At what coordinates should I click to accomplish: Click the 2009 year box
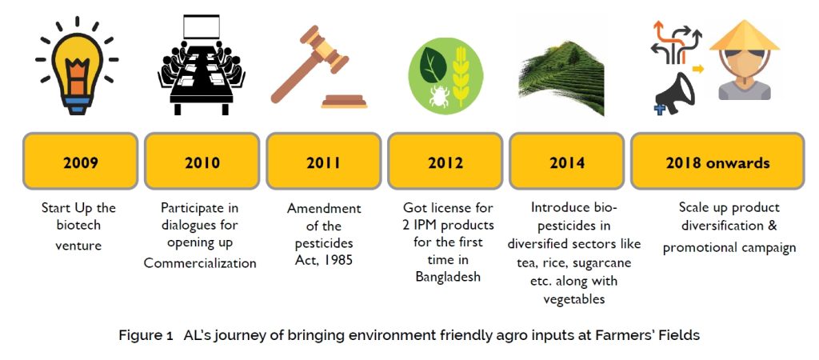pyautogui.click(x=81, y=161)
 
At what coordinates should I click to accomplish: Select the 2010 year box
pyautogui.click(x=202, y=161)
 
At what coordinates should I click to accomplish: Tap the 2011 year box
pyautogui.click(x=324, y=161)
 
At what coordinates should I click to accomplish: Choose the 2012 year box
pyautogui.click(x=445, y=161)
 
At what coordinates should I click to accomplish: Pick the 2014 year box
pyautogui.click(x=567, y=161)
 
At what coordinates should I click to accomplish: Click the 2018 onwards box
pyautogui.click(x=717, y=161)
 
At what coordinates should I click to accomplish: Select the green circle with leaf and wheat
pyautogui.click(x=445, y=73)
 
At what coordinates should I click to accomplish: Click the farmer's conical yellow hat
pyautogui.click(x=745, y=35)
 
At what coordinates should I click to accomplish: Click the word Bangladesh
pyautogui.click(x=448, y=277)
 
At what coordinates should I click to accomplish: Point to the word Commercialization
pyautogui.click(x=200, y=263)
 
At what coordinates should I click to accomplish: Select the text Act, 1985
pyautogui.click(x=324, y=260)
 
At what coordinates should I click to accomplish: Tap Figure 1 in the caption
pyautogui.click(x=146, y=335)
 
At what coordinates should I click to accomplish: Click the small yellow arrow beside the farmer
pyautogui.click(x=697, y=69)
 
